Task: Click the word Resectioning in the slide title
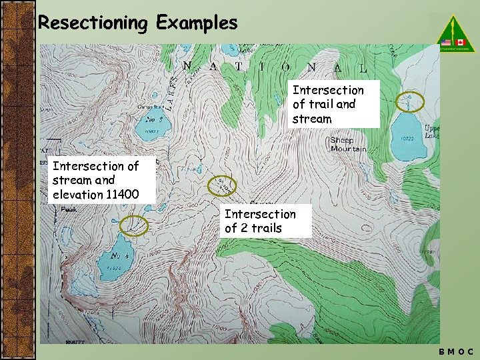(92, 23)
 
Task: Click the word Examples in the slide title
(197, 23)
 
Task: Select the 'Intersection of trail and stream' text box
(335, 104)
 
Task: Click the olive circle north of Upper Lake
(409, 101)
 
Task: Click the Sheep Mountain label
(348, 145)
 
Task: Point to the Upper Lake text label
(432, 131)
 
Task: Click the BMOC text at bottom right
(457, 351)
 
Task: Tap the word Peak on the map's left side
(69, 209)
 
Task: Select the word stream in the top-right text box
(312, 119)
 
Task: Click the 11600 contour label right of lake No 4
(153, 253)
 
